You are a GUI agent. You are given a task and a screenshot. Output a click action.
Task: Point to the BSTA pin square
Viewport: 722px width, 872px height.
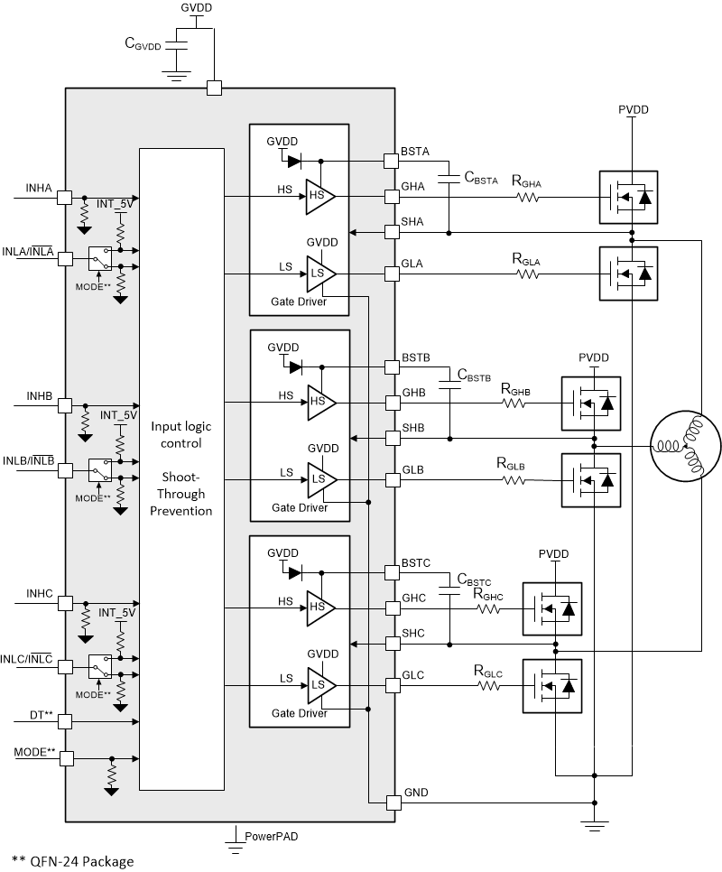pos(391,162)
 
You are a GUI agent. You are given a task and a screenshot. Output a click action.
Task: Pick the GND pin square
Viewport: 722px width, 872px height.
pos(391,802)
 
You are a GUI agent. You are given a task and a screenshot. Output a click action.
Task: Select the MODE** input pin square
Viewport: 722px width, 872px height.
pos(65,758)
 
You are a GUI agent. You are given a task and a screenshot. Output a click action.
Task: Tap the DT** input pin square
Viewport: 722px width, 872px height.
pos(65,721)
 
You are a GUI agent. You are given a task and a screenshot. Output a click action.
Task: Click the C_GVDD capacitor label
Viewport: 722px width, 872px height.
pos(143,42)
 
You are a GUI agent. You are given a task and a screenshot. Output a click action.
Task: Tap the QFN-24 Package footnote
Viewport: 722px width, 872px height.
pos(73,861)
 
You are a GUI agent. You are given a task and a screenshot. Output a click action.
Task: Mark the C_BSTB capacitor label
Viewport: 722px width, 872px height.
pos(474,376)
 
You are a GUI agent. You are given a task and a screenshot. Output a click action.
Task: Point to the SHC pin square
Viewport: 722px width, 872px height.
pos(391,644)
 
